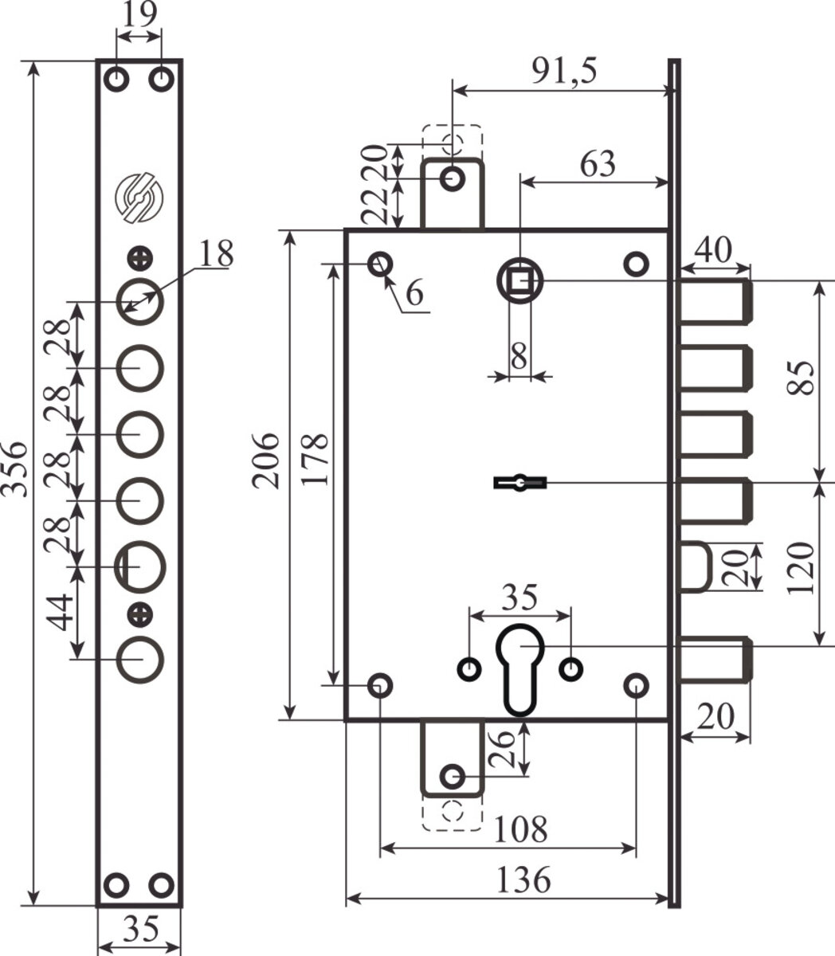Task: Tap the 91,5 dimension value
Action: [x=564, y=71]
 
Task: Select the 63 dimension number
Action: [x=598, y=164]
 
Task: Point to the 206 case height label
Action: [x=265, y=460]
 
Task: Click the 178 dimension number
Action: [x=314, y=460]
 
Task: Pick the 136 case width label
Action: [x=523, y=880]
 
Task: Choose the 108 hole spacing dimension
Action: [x=520, y=829]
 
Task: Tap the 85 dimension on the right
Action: [x=800, y=378]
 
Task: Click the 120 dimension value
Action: [x=800, y=568]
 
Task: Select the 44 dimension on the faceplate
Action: [x=59, y=613]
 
